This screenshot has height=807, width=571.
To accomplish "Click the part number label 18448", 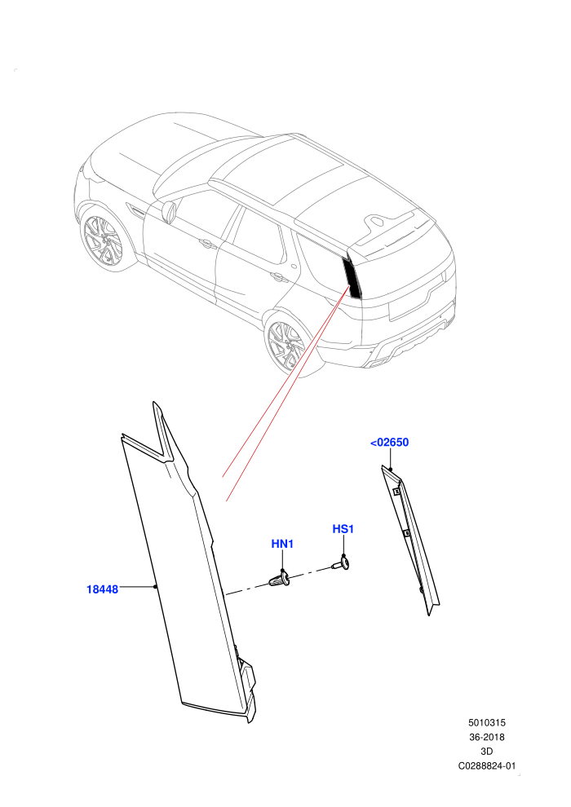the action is pos(102,589).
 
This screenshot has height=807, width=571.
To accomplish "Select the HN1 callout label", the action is pos(282,544).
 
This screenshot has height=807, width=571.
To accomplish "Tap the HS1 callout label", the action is pos(343,529).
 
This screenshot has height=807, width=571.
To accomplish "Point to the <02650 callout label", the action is pos(390,442).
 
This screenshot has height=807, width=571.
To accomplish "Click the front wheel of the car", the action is pos(103,240).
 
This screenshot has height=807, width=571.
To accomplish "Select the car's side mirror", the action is pos(170,211).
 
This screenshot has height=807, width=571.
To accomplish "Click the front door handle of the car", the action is pos(207,244).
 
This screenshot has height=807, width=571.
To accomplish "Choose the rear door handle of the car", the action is pos(279,277).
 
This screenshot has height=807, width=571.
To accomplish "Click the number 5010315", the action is pos(486,722).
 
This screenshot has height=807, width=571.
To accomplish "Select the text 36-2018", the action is pos(486,737).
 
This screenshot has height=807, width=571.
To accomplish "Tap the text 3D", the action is pos(486,752).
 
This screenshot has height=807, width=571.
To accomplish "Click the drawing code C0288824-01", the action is pos(486,765).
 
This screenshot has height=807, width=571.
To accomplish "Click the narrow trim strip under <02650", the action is pos(410,540).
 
